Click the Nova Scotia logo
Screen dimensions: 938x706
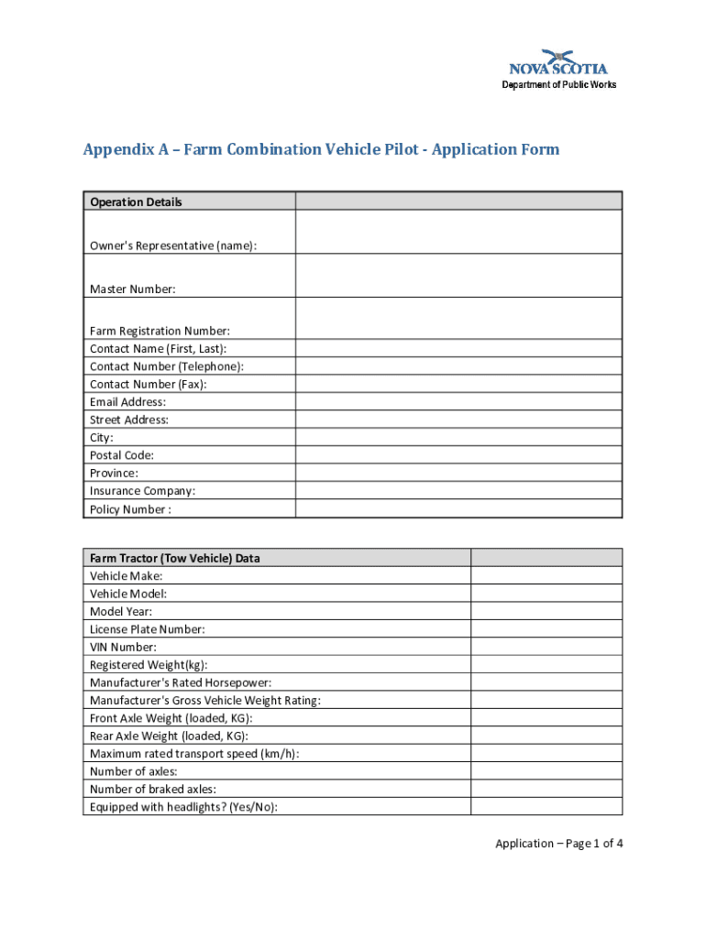[557, 62]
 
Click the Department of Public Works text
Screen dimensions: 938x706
[558, 85]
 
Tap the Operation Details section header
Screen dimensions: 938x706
[136, 202]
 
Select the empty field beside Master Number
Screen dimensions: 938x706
[458, 275]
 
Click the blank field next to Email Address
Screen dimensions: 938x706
[458, 402]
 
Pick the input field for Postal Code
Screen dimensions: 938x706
[458, 455]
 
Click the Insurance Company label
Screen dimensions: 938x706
[142, 491]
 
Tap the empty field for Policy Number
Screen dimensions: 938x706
[458, 509]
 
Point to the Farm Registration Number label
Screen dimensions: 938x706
[160, 331]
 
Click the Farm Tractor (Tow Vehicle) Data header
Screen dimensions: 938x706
[174, 558]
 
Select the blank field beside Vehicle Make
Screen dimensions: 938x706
[546, 576]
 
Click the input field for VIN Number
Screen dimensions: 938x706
[546, 648]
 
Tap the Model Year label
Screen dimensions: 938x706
[121, 612]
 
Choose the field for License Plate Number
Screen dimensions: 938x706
[546, 629]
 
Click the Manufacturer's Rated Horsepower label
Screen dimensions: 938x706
[181, 683]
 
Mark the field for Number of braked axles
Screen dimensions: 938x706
[546, 790]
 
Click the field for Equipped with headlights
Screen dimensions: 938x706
[546, 807]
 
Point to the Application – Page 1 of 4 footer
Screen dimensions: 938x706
[559, 844]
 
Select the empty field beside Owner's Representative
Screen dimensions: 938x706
[458, 232]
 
